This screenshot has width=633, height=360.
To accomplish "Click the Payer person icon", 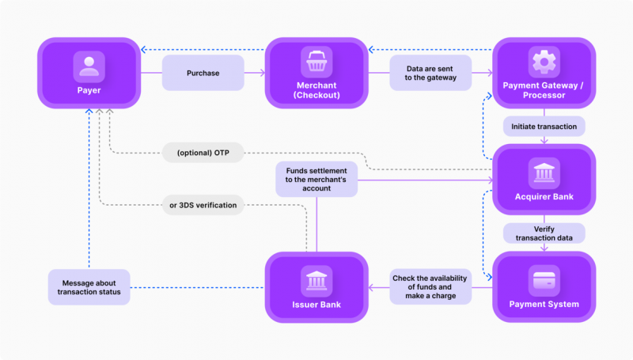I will pyautogui.click(x=89, y=66).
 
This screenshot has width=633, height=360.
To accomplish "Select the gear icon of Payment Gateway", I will pyautogui.click(x=544, y=62).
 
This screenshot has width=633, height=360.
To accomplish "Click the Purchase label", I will pyautogui.click(x=203, y=73).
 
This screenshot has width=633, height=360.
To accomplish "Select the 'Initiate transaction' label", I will pyautogui.click(x=544, y=127).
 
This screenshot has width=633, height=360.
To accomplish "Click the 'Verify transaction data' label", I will pyautogui.click(x=544, y=233).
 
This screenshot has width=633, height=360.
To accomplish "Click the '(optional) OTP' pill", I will pyautogui.click(x=203, y=152).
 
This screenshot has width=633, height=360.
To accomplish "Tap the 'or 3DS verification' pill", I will pyautogui.click(x=203, y=206).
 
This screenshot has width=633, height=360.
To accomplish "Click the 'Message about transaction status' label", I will pyautogui.click(x=89, y=286).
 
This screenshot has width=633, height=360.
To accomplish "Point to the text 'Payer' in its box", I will pyautogui.click(x=89, y=91).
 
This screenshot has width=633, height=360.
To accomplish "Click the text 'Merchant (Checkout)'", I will pyautogui.click(x=316, y=90).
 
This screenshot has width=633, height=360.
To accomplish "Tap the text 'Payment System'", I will pyautogui.click(x=544, y=305).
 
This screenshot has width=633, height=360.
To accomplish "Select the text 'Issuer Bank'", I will pyautogui.click(x=316, y=305).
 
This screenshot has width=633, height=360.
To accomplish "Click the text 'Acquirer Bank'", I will pyautogui.click(x=544, y=196).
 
